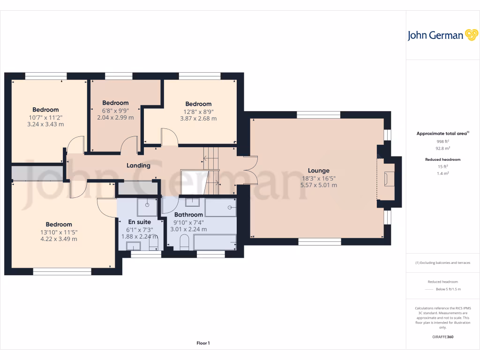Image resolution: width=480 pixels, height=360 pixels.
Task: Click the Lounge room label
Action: tap(318, 171)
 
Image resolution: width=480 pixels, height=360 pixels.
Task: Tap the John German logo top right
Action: tap(442, 35)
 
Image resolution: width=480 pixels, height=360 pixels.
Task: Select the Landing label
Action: tap(138, 165)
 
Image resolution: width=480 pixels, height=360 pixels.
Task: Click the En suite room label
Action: tap(140, 222)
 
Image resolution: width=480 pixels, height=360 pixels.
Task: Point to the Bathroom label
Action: tap(188, 215)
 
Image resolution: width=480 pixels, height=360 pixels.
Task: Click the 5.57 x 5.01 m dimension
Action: tap(318, 185)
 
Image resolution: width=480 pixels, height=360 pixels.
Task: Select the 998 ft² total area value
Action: tap(442, 141)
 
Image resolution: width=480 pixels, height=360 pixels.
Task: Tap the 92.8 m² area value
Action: tap(442, 148)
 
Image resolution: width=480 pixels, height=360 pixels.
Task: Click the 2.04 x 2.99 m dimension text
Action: tap(115, 118)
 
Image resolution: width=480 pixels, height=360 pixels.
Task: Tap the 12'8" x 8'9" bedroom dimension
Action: tap(198, 111)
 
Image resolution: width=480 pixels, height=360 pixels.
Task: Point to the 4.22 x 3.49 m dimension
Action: tap(59, 239)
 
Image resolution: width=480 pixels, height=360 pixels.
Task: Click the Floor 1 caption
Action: tap(203, 343)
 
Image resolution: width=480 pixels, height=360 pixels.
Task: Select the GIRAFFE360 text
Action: tap(442, 337)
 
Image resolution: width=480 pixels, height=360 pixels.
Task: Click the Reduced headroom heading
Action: tap(442, 159)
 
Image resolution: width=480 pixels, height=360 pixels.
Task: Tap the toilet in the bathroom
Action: tap(184, 242)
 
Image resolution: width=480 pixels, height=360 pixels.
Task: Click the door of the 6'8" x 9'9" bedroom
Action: tap(130, 144)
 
